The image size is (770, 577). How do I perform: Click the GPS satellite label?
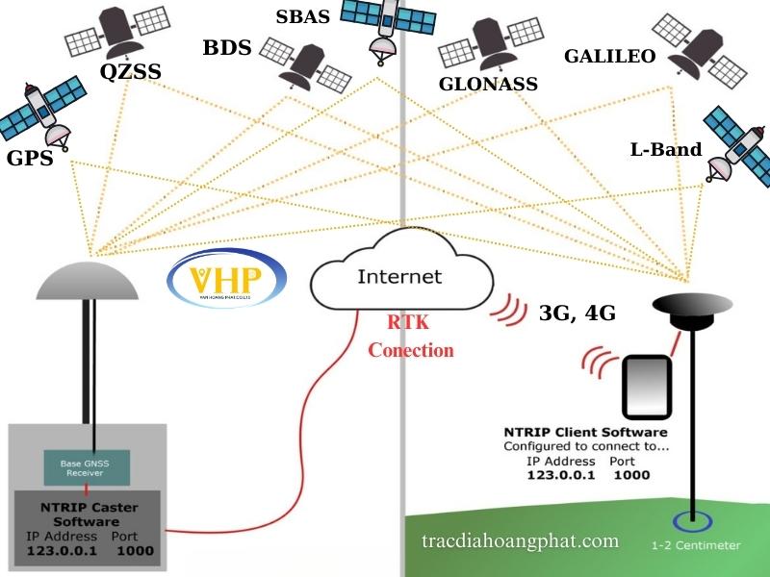[28, 158]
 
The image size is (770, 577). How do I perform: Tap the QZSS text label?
[130, 72]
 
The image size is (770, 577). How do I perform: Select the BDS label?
[226, 48]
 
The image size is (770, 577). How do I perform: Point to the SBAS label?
[302, 16]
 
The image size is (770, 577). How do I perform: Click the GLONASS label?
[488, 84]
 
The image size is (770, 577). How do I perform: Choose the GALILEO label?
[609, 57]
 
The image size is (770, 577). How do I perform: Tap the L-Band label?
[666, 149]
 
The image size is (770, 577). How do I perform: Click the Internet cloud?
[399, 277]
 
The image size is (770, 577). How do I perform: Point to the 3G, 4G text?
[577, 313]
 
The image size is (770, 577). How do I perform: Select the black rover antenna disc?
[693, 304]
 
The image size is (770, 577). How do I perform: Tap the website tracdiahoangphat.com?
[520, 540]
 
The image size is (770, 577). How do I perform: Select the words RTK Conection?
[410, 338]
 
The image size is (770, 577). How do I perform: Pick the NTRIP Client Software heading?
[585, 432]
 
